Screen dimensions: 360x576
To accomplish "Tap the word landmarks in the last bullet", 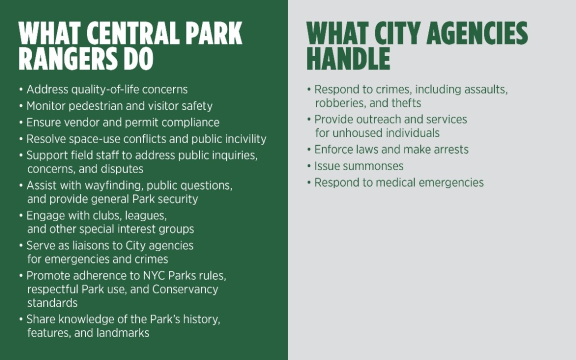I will click(132, 333).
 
